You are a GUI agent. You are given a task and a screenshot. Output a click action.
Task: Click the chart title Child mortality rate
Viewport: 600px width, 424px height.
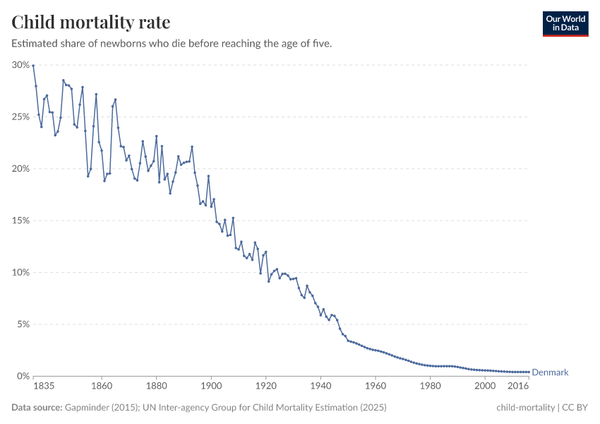90,22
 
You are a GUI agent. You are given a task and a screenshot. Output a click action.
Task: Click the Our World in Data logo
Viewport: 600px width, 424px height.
565,23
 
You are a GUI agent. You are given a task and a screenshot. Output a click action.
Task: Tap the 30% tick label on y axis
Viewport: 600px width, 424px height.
20,65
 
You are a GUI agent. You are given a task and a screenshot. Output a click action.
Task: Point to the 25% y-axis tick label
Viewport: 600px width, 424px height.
20,117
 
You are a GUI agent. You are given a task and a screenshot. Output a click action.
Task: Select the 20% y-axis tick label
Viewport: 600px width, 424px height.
20,169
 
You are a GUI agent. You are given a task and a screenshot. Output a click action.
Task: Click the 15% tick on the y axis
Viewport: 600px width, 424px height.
20,220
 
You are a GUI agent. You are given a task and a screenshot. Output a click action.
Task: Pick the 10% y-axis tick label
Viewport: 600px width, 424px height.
20,273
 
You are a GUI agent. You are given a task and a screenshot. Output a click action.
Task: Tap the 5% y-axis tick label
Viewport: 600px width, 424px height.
23,324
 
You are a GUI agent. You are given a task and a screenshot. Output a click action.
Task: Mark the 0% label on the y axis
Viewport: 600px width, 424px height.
23,376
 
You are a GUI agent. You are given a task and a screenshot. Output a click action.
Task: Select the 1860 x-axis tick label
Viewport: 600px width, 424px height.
102,387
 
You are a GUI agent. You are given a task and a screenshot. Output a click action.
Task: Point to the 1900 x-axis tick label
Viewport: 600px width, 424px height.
211,387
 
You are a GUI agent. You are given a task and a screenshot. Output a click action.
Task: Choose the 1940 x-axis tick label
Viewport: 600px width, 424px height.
320,387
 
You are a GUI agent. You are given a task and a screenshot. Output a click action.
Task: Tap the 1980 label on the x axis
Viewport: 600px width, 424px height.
430,387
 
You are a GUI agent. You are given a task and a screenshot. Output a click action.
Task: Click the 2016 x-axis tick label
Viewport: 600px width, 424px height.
518,387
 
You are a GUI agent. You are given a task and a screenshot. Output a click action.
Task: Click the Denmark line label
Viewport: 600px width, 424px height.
550,372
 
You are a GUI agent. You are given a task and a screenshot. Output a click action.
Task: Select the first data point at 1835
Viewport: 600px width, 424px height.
33,66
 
